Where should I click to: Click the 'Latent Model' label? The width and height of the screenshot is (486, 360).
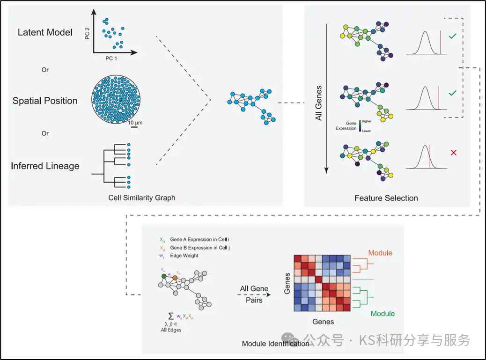(x=45, y=32)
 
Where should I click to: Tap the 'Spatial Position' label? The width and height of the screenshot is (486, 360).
(x=45, y=101)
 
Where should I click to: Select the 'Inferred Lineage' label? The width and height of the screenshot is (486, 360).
(x=45, y=166)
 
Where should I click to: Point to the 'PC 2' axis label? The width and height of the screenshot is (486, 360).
(x=87, y=34)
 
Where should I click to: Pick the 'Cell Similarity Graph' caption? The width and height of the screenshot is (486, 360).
(x=142, y=198)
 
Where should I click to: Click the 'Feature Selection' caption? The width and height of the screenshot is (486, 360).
(x=386, y=198)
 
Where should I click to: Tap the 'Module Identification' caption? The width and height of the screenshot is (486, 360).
(x=275, y=344)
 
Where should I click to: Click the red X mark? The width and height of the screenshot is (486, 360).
(x=453, y=153)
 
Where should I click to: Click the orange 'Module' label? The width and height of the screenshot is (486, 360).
(x=380, y=253)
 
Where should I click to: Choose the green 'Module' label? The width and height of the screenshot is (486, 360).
(x=383, y=314)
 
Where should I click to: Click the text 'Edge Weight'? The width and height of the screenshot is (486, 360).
(x=184, y=256)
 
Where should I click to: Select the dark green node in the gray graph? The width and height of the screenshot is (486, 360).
(x=163, y=276)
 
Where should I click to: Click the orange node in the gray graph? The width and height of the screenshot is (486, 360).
(x=175, y=278)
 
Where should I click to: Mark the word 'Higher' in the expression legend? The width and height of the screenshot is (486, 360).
(x=367, y=121)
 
